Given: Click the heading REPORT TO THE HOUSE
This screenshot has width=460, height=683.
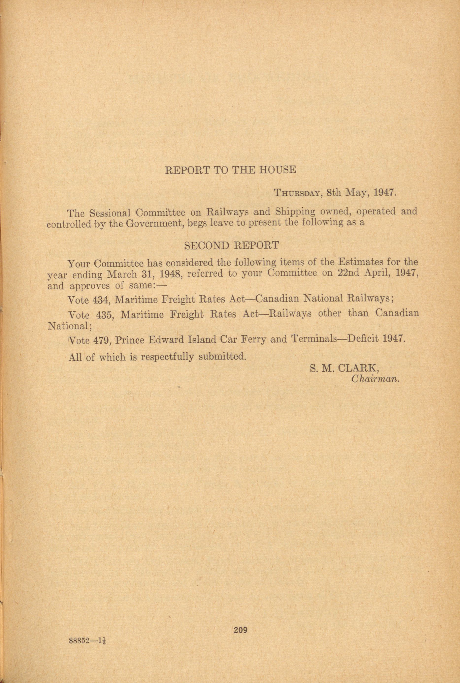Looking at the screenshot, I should tap(230, 170).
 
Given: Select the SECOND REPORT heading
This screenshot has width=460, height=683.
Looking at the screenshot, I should tap(231, 245).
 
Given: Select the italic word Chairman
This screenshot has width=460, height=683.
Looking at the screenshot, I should tap(376, 379).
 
